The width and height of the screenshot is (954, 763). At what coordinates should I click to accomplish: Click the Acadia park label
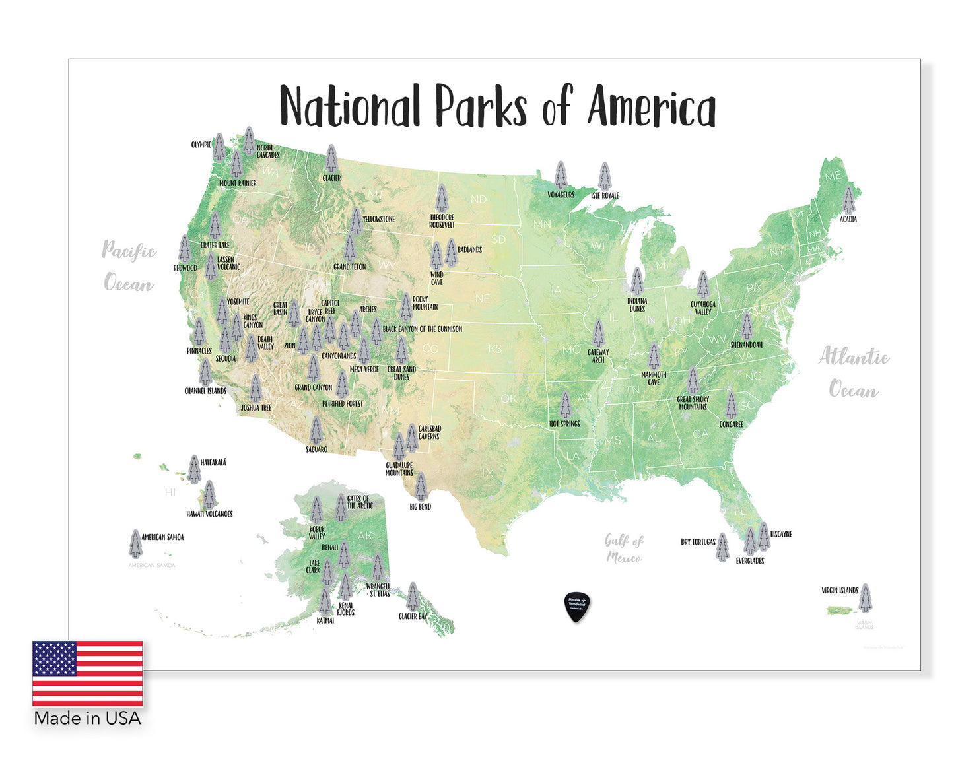click(x=848, y=219)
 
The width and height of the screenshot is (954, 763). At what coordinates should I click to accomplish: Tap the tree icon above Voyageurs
click(x=561, y=175)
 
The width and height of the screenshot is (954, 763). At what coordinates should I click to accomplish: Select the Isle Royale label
click(x=605, y=195)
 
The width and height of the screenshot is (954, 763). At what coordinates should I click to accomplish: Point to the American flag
click(x=88, y=673)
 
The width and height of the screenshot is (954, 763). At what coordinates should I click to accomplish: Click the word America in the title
click(x=652, y=108)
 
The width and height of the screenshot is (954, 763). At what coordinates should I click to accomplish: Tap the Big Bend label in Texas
click(x=420, y=506)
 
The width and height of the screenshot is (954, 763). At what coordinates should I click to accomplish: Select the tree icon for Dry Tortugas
click(x=722, y=547)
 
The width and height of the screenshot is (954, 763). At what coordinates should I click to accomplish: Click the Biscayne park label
click(x=781, y=534)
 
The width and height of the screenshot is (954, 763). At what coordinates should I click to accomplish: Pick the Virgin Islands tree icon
click(x=865, y=598)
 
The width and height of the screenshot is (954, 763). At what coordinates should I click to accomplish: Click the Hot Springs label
click(x=564, y=424)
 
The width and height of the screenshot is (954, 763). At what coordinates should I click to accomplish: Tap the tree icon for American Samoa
click(x=135, y=543)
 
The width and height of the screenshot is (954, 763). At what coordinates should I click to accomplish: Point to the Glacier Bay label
click(x=413, y=616)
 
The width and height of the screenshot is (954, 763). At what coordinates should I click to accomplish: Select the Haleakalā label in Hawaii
click(x=213, y=463)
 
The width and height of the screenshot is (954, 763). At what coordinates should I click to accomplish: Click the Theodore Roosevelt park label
click(x=442, y=221)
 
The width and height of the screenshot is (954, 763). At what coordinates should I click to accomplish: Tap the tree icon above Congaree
click(x=731, y=405)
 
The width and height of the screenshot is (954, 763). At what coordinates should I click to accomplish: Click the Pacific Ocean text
click(x=129, y=267)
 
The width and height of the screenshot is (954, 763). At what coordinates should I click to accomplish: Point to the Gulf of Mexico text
click(x=624, y=549)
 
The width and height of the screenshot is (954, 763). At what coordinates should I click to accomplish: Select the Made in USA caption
click(x=88, y=718)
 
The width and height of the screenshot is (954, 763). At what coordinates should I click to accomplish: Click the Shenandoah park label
click(x=746, y=345)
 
